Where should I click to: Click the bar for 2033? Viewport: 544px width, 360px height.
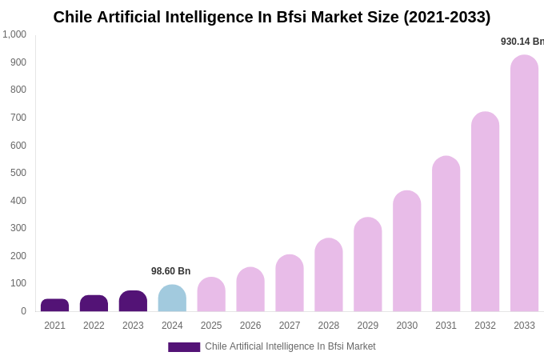click(x=524, y=183)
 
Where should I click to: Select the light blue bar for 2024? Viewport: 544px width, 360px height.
click(x=172, y=298)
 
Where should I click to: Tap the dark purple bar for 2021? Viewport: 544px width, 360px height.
click(x=54, y=305)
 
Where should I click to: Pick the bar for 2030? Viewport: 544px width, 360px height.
click(x=406, y=251)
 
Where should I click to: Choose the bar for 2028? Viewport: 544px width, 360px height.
click(x=328, y=275)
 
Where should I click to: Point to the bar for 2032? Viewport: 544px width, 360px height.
click(x=485, y=212)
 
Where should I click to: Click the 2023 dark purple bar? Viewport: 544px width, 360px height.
click(x=133, y=301)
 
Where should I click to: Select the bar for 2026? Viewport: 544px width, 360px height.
click(x=250, y=290)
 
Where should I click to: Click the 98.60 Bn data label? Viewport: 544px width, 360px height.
click(x=171, y=271)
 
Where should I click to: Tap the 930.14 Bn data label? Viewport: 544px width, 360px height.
click(x=522, y=42)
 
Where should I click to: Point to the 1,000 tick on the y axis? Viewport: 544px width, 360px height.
click(x=14, y=34)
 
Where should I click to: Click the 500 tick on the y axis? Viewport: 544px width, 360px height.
click(x=18, y=173)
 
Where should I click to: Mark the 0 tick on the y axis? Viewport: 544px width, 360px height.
click(x=23, y=311)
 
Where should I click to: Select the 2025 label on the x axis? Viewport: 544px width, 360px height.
click(x=211, y=326)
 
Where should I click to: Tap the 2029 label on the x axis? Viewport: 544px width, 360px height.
click(x=368, y=326)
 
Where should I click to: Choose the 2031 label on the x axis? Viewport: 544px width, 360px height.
click(x=446, y=326)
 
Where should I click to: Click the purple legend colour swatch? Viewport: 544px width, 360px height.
click(x=184, y=347)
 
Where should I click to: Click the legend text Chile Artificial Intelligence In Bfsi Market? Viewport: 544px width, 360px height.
click(x=290, y=346)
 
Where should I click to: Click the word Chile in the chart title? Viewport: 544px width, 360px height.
click(x=74, y=17)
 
